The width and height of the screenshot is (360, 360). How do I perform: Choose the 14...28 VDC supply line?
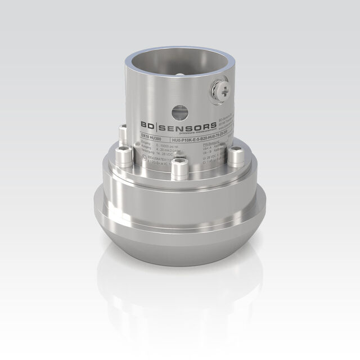click(151, 154)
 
